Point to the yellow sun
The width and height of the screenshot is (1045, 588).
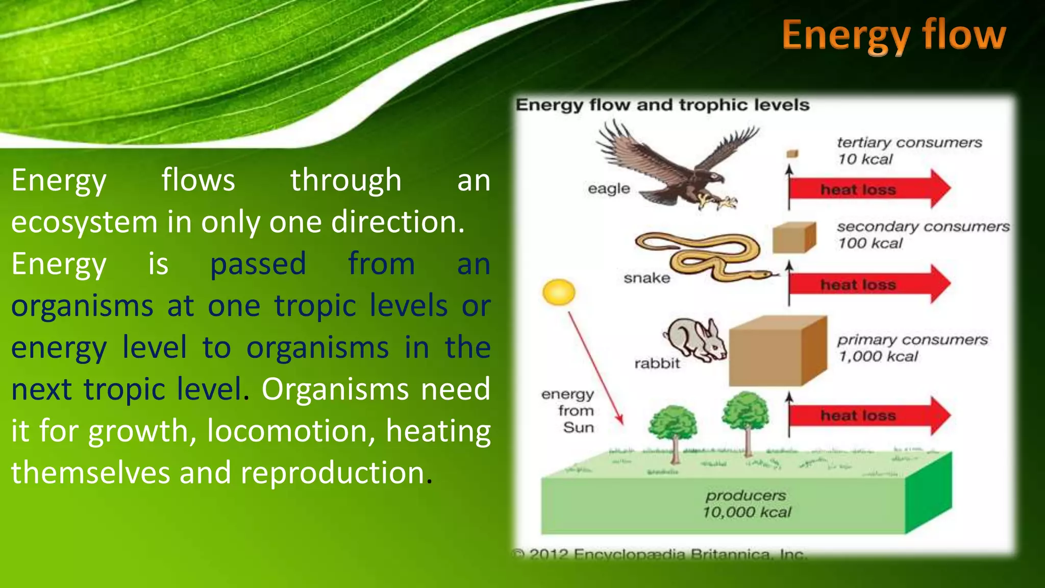pyautogui.click(x=559, y=292)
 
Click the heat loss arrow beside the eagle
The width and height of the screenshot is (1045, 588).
pyautogui.click(x=867, y=189)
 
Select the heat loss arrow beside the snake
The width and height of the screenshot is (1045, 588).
pyautogui.click(x=867, y=284)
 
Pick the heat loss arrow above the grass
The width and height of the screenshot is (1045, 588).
pyautogui.click(x=867, y=415)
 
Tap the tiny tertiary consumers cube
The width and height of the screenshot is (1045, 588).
pyautogui.click(x=792, y=154)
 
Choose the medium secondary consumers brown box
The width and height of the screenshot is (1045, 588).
pyautogui.click(x=794, y=238)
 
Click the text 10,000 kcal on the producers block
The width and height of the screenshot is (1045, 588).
pyautogui.click(x=747, y=512)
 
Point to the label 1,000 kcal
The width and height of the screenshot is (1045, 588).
pyautogui.click(x=878, y=356)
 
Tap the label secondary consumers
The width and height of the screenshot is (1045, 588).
pyautogui.click(x=923, y=226)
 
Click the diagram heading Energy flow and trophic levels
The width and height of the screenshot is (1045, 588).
pyautogui.click(x=662, y=105)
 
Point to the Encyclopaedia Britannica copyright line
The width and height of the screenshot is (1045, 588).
pyautogui.click(x=661, y=554)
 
